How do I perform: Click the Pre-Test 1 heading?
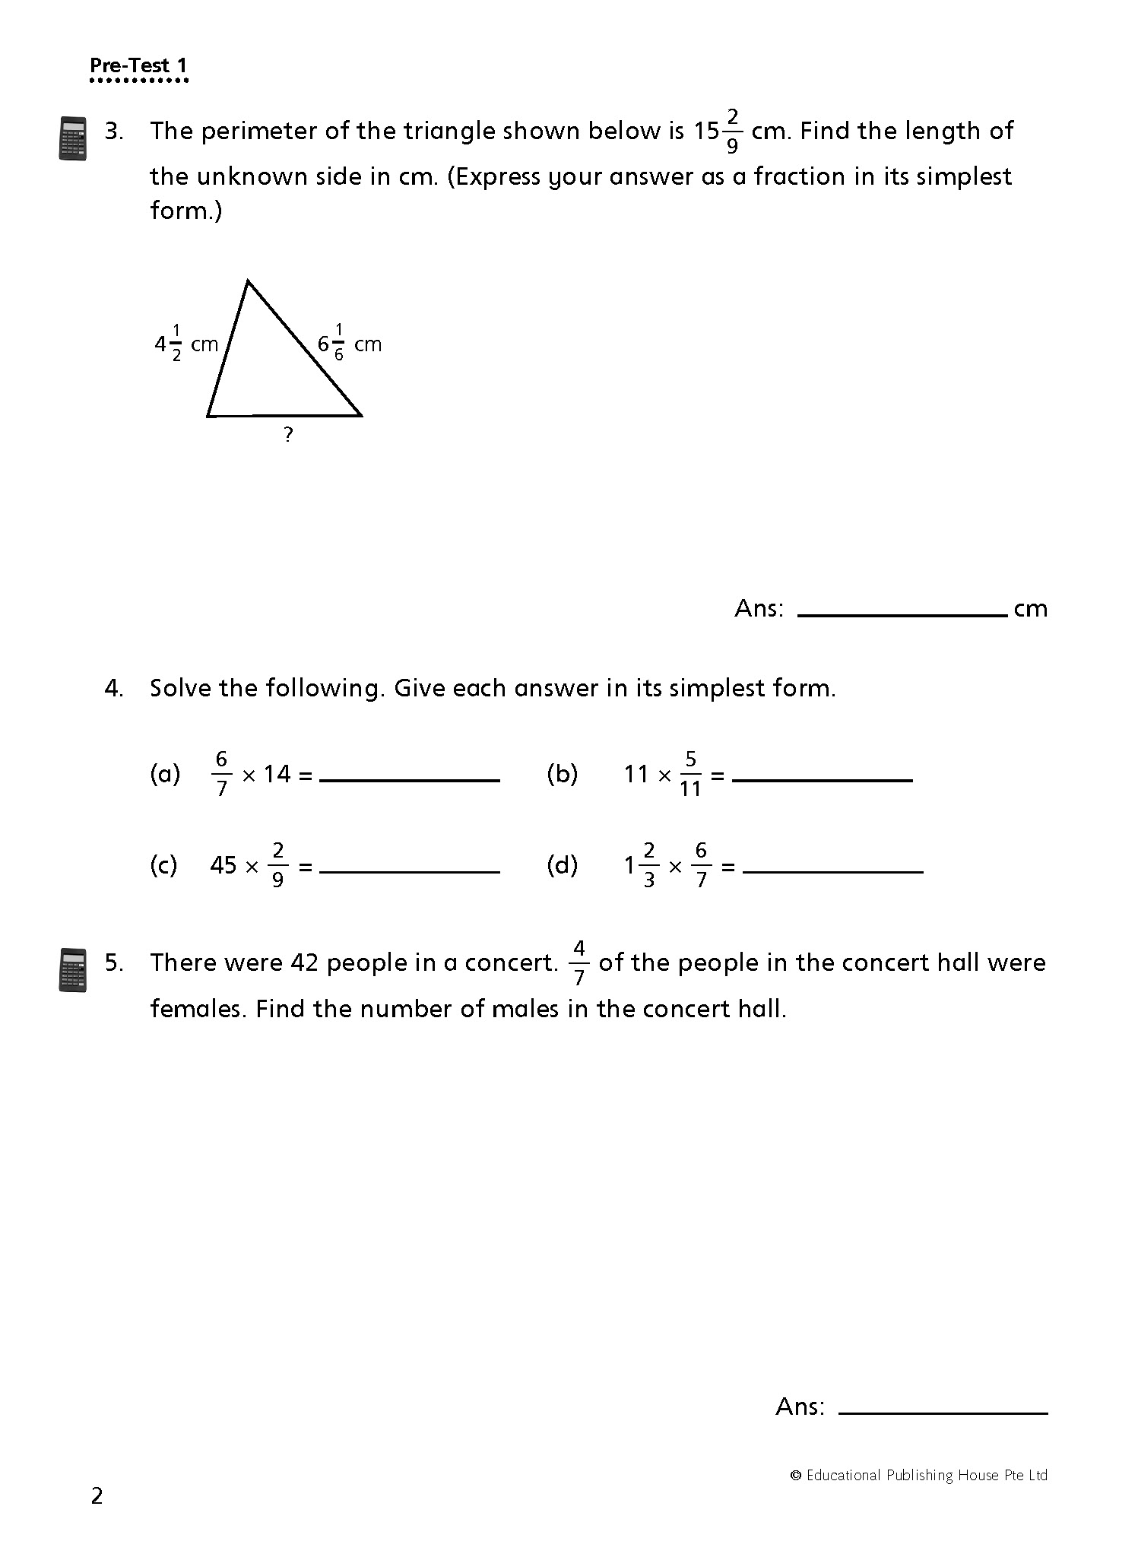coord(138,65)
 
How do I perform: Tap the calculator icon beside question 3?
coord(72,138)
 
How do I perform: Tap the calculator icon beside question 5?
coord(72,970)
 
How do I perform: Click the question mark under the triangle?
coord(287,436)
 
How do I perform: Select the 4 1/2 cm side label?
coord(186,344)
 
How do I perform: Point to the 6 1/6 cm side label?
coord(349,344)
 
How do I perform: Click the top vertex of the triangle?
coord(248,282)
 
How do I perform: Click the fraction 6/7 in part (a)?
coord(221,774)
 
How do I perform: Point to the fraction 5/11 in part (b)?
coord(690,774)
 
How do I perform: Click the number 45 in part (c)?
coord(223,865)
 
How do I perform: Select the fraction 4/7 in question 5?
coord(579,963)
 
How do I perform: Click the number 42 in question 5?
coord(305,963)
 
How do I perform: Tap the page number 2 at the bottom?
coord(97,1496)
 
